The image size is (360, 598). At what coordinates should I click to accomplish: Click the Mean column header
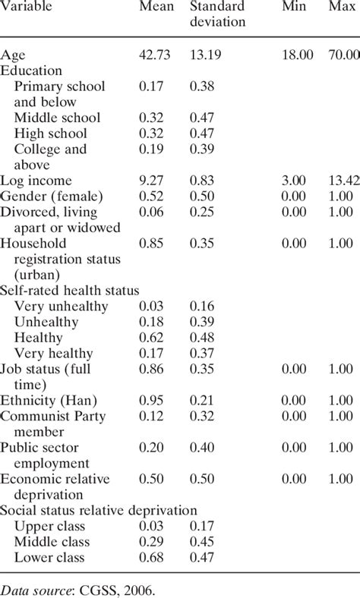[154, 6]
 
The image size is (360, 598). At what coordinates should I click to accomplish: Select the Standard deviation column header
[216, 14]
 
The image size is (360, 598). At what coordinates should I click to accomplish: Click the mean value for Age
[156, 54]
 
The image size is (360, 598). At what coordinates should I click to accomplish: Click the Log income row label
[36, 181]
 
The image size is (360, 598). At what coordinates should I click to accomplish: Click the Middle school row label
[57, 118]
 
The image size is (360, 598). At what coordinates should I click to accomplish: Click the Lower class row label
[51, 558]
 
